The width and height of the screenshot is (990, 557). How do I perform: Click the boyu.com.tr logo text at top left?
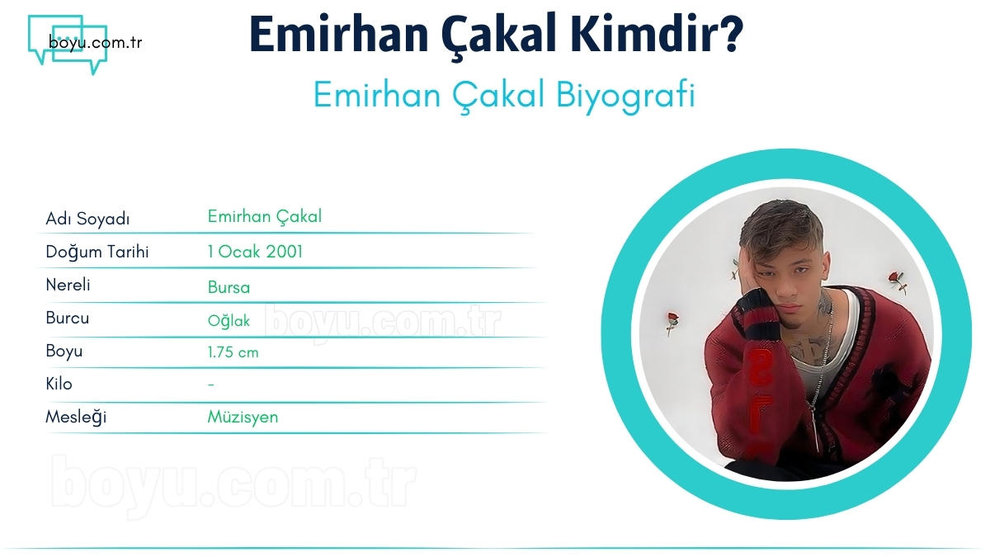click(95, 42)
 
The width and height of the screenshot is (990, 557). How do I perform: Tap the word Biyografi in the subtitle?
click(626, 96)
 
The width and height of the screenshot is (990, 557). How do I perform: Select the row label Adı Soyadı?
click(87, 219)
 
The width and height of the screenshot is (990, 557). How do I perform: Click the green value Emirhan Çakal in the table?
click(264, 217)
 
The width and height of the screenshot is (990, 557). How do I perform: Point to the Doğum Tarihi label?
click(97, 252)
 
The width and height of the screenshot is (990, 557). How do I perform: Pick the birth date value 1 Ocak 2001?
click(255, 252)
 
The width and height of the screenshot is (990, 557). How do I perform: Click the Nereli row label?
click(68, 286)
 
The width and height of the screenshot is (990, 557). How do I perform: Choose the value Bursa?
click(229, 287)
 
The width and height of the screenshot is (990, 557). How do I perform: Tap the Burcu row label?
click(67, 318)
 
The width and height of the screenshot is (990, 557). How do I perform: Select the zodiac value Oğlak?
click(229, 321)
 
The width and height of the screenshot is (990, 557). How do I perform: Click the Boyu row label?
click(64, 351)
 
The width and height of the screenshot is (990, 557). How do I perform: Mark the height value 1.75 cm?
click(233, 352)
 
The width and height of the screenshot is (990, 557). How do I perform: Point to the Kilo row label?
click(59, 384)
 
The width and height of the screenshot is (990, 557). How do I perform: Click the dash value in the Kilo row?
click(211, 385)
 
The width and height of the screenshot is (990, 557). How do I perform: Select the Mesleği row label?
click(75, 417)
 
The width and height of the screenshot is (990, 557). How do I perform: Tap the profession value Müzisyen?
click(243, 417)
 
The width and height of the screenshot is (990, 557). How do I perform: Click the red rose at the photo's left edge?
click(672, 321)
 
